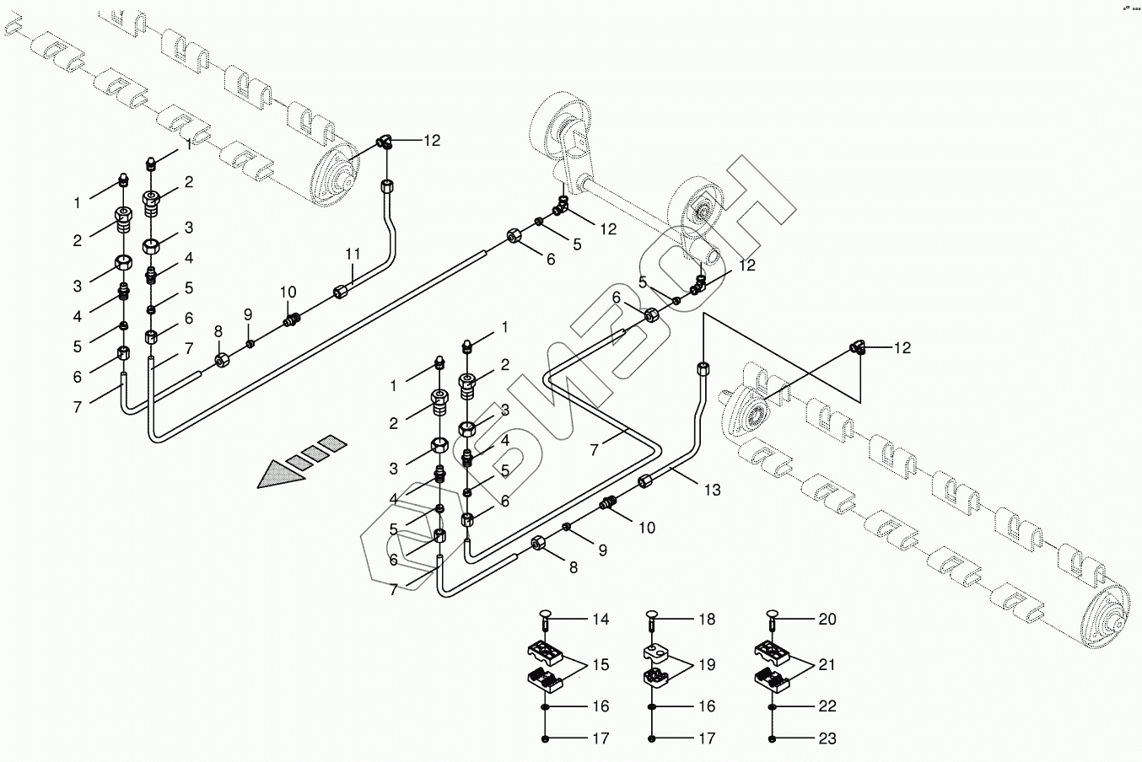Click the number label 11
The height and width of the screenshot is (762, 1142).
click(x=353, y=253)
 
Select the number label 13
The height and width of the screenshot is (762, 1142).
click(x=713, y=490)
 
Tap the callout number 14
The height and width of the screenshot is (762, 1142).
click(x=600, y=620)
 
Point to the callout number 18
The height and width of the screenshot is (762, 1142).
click(x=706, y=620)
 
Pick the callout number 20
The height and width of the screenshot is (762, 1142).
click(x=827, y=620)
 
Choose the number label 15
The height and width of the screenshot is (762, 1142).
click(x=600, y=665)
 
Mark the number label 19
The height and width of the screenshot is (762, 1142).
click(x=706, y=665)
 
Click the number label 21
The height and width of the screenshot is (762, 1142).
click(x=827, y=665)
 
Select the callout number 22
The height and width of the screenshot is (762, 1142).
click(x=827, y=706)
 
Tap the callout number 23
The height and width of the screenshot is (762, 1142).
click(x=827, y=739)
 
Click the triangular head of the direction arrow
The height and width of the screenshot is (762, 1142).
click(x=278, y=475)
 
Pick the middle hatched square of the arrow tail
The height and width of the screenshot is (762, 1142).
click(x=315, y=453)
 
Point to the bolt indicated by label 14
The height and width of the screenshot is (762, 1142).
click(x=547, y=621)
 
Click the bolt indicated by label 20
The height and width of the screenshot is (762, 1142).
click(x=773, y=621)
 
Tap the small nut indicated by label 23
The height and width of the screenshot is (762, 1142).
click(x=773, y=739)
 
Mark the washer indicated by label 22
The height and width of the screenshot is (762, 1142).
click(x=773, y=706)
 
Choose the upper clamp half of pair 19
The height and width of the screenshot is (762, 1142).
click(x=655, y=652)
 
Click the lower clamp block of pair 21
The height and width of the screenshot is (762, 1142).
click(x=771, y=677)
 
